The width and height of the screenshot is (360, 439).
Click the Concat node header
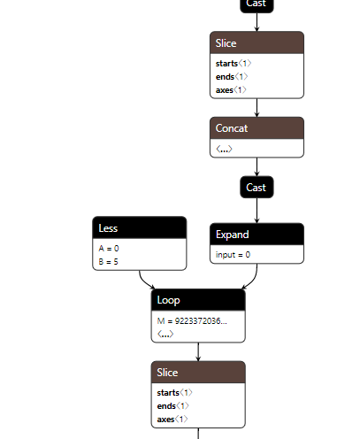click(257, 128)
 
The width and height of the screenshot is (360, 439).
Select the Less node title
click(139, 227)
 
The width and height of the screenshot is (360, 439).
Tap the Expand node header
click(257, 235)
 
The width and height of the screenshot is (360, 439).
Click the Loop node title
click(197, 300)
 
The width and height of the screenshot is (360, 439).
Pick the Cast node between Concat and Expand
click(257, 188)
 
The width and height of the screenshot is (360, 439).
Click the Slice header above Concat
click(257, 43)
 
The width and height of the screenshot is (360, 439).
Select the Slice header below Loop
click(197, 373)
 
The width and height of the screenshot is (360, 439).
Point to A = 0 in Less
click(109, 249)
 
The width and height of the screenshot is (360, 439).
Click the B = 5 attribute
click(109, 261)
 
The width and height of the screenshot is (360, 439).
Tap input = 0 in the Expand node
click(234, 255)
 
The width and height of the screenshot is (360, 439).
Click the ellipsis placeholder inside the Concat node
click(225, 149)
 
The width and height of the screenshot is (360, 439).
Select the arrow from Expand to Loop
click(251, 279)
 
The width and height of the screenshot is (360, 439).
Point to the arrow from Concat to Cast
click(257, 167)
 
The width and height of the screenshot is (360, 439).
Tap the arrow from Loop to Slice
click(197, 351)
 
